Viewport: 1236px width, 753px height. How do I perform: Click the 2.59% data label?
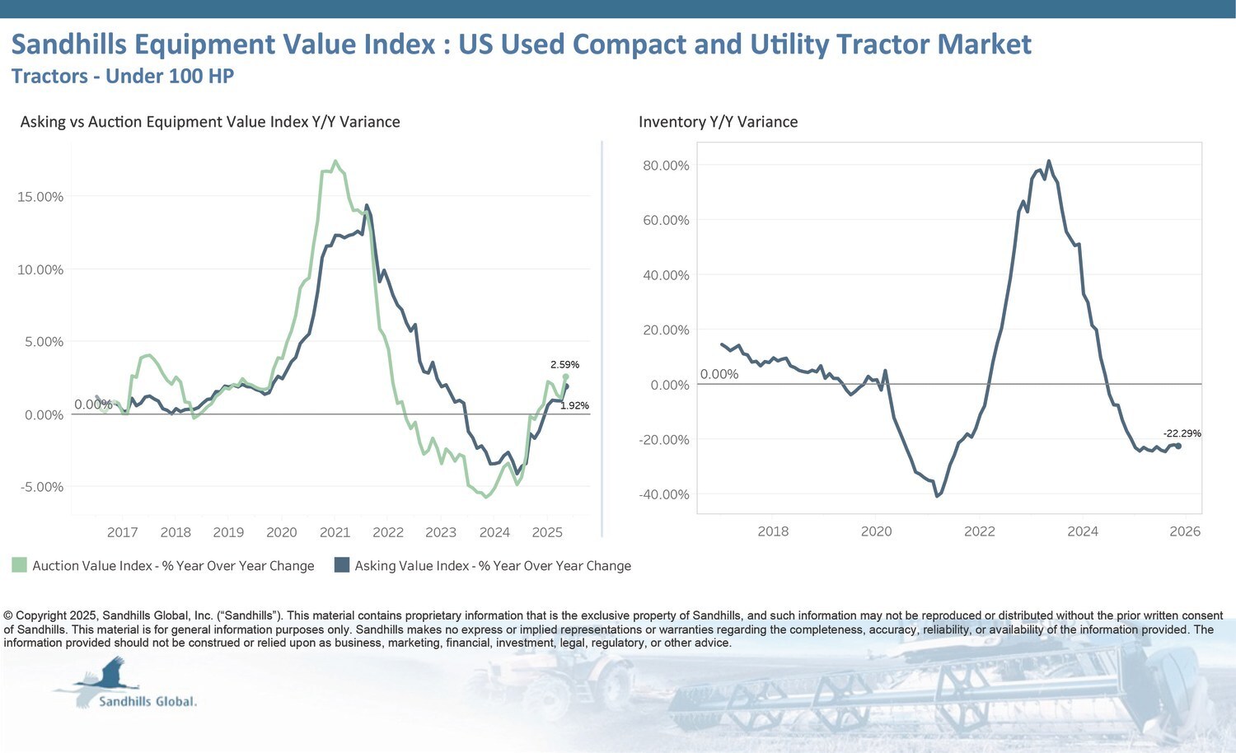click(564, 364)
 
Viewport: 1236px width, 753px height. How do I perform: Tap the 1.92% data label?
click(574, 405)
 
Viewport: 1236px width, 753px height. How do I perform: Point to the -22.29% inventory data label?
click(1182, 433)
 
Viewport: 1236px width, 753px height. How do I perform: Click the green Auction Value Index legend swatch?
click(19, 565)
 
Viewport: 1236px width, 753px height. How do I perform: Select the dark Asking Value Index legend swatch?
click(342, 565)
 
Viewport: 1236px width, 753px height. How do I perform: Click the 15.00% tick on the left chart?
click(40, 197)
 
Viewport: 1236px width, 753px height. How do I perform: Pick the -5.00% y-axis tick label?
click(42, 487)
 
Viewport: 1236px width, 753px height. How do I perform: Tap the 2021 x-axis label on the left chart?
click(335, 532)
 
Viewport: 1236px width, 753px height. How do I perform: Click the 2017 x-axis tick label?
click(122, 532)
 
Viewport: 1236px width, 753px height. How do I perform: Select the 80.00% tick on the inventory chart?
click(666, 166)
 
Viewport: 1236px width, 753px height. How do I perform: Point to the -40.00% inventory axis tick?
click(664, 494)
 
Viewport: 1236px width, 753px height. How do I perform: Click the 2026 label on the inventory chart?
click(1185, 531)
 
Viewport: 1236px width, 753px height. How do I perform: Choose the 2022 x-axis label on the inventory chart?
click(979, 531)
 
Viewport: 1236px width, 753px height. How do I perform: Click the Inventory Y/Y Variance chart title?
click(718, 122)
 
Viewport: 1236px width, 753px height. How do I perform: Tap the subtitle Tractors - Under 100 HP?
click(123, 76)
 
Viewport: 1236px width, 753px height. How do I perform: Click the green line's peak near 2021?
click(335, 161)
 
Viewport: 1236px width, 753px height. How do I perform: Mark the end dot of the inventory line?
click(1178, 446)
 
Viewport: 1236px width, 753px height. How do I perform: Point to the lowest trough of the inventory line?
click(937, 496)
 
